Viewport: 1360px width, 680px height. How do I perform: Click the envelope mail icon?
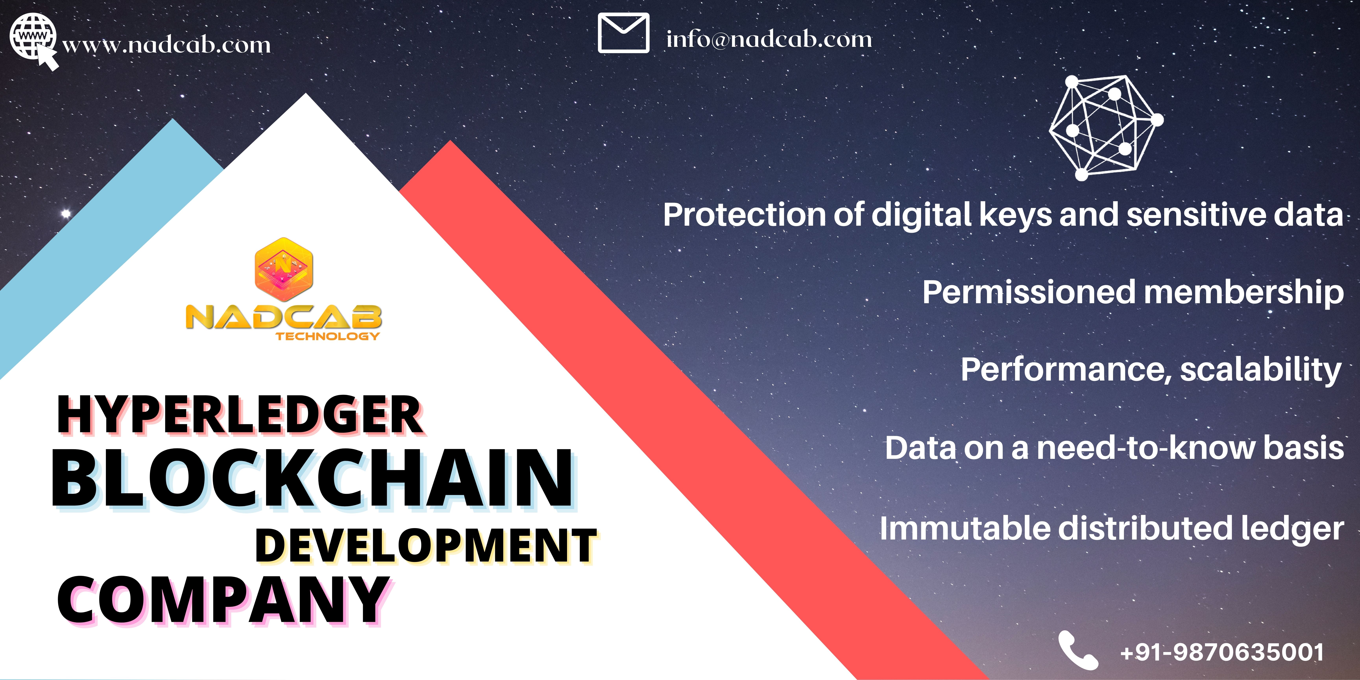click(624, 33)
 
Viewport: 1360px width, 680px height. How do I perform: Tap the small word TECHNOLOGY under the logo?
click(327, 336)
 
